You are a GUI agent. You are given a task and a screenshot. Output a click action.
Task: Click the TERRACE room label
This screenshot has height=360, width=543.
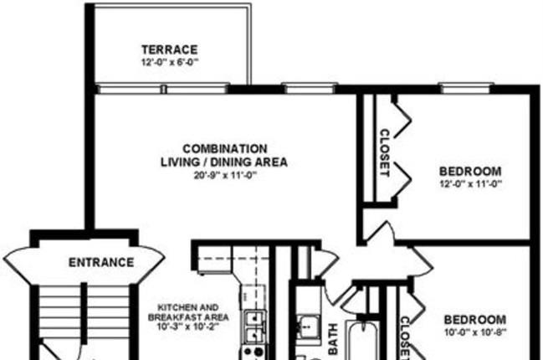click(170, 49)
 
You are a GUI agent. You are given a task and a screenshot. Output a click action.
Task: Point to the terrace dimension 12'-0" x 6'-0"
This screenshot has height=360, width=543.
click(170, 62)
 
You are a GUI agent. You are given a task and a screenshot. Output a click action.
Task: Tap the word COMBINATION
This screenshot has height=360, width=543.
click(225, 149)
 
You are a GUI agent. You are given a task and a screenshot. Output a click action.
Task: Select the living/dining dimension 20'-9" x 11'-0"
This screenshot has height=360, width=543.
click(225, 175)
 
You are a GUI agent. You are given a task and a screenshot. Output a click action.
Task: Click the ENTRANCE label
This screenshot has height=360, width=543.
click(101, 262)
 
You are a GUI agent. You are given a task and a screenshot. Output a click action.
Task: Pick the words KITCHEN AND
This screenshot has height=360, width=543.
click(188, 307)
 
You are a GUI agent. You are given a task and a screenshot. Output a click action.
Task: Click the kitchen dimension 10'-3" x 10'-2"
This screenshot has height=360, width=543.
click(188, 327)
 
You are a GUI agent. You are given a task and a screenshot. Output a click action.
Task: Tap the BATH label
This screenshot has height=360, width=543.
click(333, 339)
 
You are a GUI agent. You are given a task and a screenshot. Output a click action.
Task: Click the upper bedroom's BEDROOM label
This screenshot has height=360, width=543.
click(470, 171)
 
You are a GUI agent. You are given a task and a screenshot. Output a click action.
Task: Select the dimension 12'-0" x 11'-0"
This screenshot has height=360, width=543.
click(470, 184)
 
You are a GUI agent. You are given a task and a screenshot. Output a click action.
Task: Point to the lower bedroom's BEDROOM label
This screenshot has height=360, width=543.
click(474, 320)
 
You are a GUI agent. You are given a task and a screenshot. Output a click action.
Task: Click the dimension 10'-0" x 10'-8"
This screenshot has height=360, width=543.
click(475, 332)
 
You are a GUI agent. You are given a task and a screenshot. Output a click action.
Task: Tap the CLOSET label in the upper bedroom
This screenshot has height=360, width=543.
click(385, 153)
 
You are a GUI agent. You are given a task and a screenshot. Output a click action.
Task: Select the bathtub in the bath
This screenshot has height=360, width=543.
click(362, 342)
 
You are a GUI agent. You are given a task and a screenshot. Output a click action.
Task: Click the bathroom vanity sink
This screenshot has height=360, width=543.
click(307, 326)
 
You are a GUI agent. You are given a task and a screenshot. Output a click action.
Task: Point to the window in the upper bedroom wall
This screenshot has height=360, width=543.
click(466, 89)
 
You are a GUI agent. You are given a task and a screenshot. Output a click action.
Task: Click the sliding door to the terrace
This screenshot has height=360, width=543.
click(162, 89)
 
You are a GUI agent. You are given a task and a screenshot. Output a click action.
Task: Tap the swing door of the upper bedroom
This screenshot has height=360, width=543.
click(380, 231)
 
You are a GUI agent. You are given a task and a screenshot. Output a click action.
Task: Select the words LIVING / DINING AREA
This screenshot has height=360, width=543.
click(224, 162)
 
